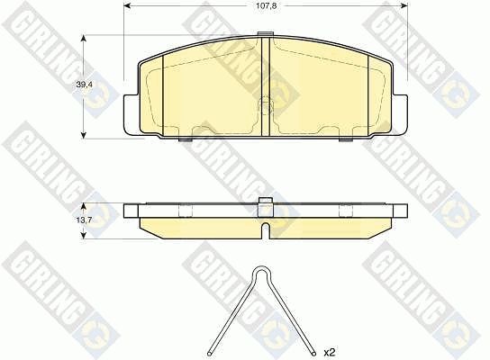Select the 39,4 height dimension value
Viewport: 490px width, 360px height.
(84, 84)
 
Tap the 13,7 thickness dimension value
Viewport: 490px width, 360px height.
(84, 220)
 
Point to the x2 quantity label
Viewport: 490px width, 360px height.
(329, 353)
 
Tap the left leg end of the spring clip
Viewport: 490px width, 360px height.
(210, 354)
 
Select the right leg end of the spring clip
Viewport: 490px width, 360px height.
(313, 354)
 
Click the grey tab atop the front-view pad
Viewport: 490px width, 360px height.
(266, 34)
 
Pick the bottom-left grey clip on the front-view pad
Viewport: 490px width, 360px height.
(186, 139)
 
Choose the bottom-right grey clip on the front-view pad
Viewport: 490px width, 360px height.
(346, 139)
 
